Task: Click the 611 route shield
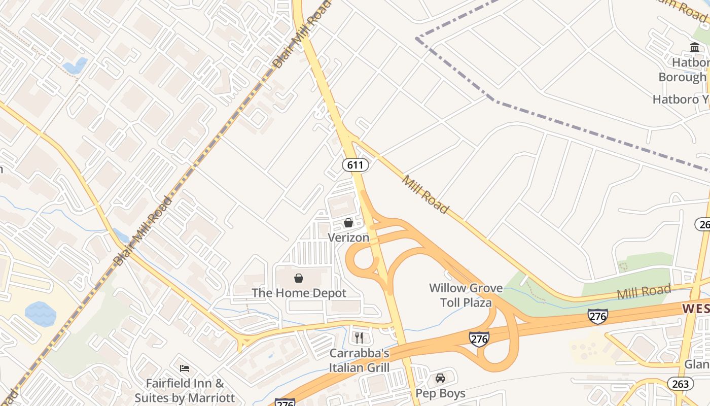click(355, 165)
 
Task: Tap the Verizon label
click(348, 237)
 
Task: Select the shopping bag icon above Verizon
click(348, 223)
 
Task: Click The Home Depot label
click(299, 293)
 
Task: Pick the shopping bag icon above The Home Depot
click(299, 278)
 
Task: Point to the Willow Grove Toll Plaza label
click(466, 295)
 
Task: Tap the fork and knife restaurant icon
click(359, 338)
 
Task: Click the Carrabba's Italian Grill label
click(359, 360)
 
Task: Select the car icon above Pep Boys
click(440, 378)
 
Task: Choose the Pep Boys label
click(440, 393)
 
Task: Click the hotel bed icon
click(185, 368)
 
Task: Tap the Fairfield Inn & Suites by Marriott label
click(185, 390)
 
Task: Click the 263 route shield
click(678, 384)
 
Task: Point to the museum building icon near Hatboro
click(695, 48)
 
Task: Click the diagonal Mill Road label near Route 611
click(425, 194)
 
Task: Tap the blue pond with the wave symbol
click(41, 314)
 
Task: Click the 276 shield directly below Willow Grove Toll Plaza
click(479, 339)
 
